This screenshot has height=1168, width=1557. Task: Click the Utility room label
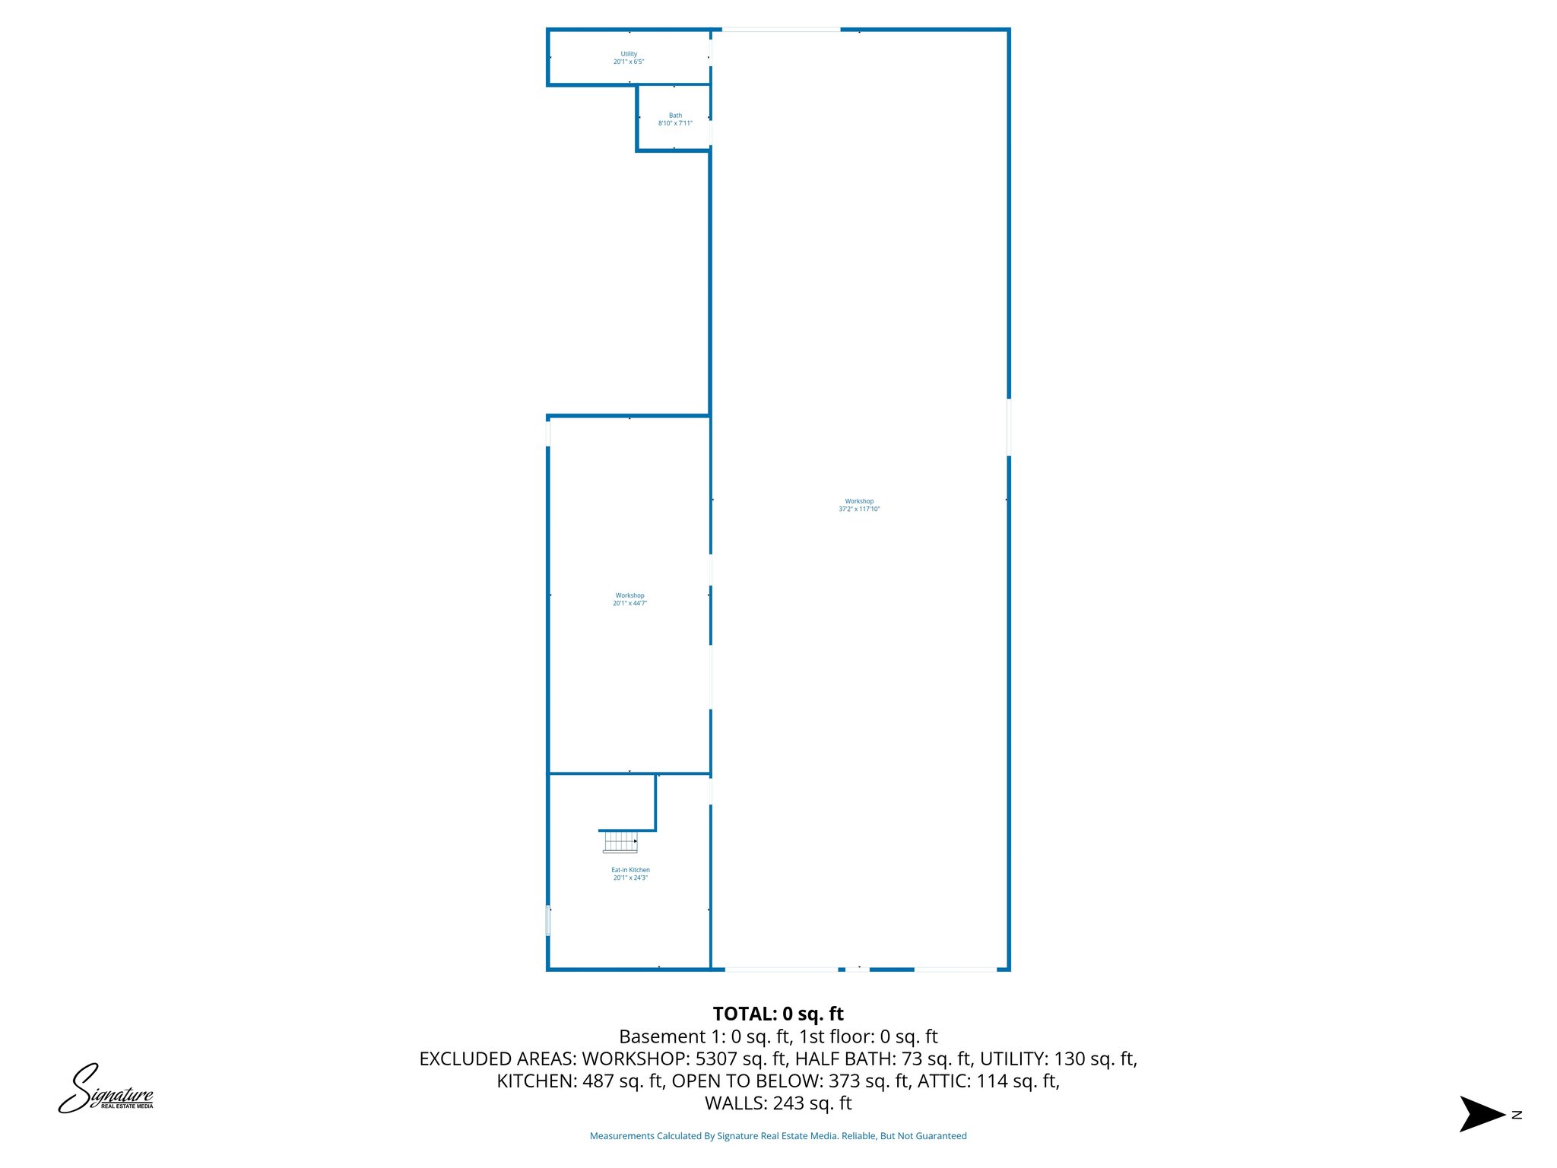pos(629,54)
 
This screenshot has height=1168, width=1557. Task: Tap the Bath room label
pos(675,116)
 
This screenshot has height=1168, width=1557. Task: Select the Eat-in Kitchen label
pos(630,870)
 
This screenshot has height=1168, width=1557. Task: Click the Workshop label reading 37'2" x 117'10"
pos(859,506)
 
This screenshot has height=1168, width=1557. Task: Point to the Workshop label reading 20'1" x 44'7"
pos(629,600)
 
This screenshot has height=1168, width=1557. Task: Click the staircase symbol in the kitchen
pos(620,842)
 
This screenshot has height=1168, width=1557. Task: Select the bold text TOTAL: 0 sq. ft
pos(778,1014)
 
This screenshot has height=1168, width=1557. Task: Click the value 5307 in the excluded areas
pos(715,1058)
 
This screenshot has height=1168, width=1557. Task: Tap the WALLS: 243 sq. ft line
pos(778,1103)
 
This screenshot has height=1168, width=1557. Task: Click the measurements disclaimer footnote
pos(778,1136)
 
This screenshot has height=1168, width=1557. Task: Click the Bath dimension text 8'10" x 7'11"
pos(675,123)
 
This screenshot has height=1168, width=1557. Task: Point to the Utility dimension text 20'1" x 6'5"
pos(629,62)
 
